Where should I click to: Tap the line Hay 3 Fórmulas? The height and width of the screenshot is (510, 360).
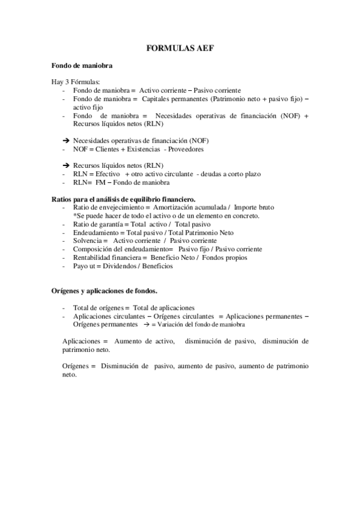tap(75, 81)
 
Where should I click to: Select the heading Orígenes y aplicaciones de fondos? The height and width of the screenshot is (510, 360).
tap(103, 290)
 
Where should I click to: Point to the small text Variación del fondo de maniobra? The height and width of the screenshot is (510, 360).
tap(201, 324)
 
